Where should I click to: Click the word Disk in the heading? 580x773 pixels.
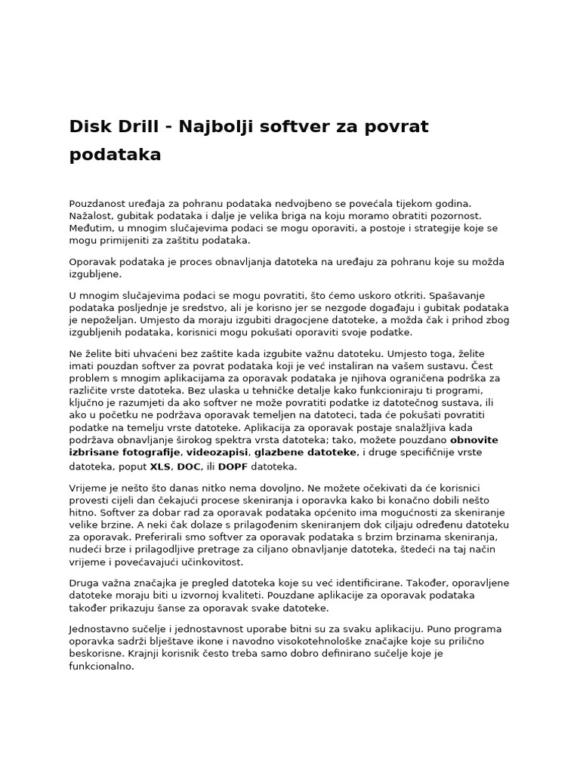[x=88, y=126]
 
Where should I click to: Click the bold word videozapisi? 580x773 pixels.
[x=217, y=451]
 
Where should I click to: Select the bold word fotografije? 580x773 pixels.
[x=147, y=451]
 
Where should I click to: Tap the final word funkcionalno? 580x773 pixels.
[x=100, y=667]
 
